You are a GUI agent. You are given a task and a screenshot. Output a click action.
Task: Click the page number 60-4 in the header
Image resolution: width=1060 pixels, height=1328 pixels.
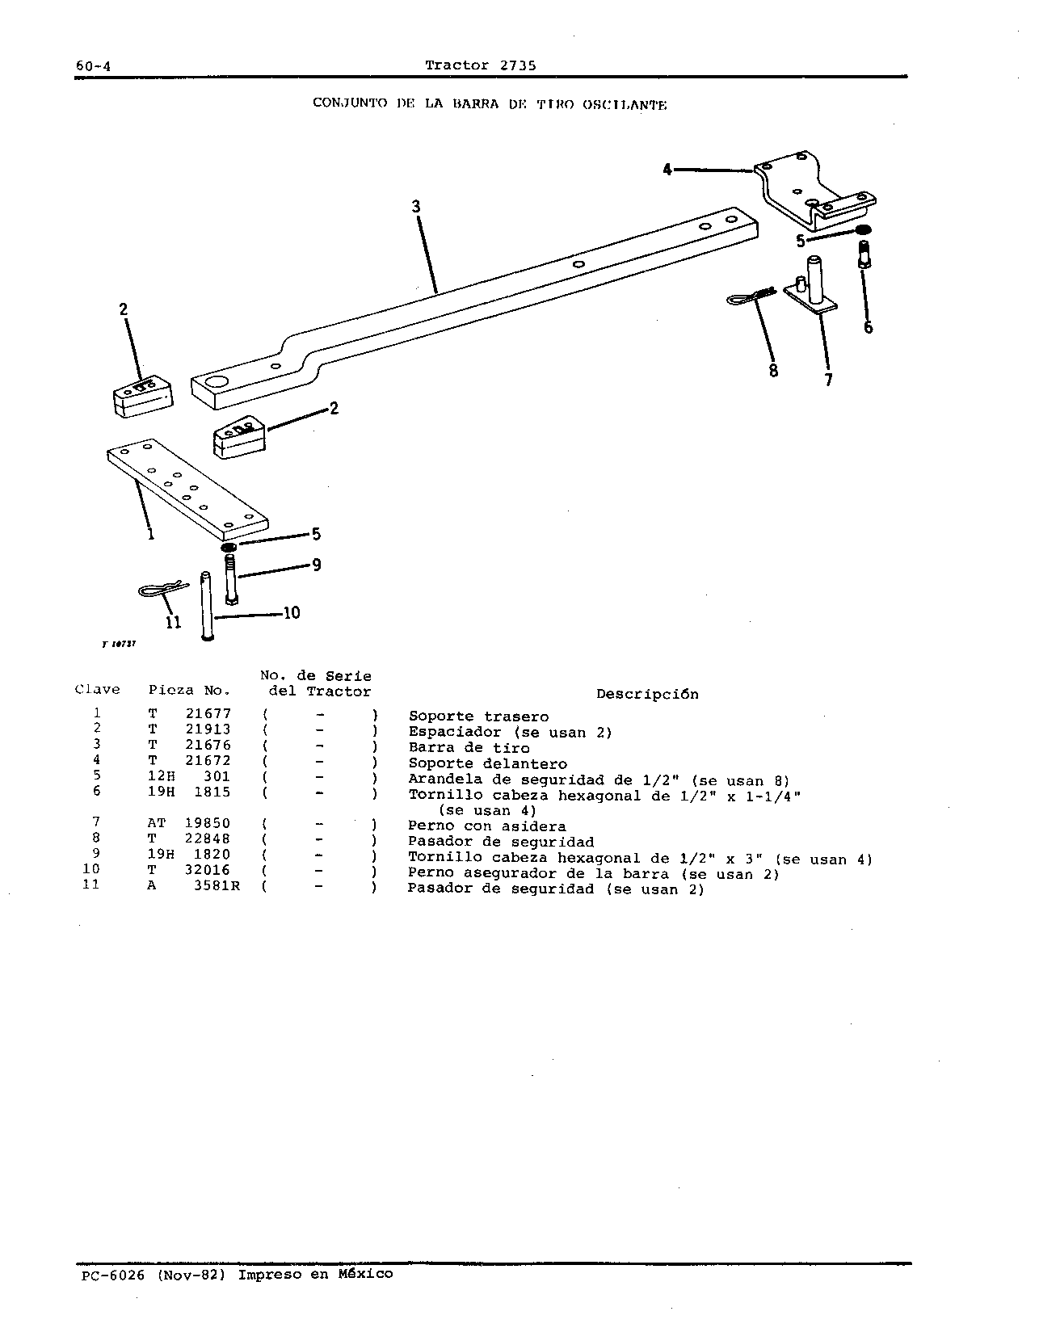pos(93,66)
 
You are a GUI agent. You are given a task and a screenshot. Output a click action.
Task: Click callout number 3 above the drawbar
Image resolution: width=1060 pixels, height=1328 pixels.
pos(416,206)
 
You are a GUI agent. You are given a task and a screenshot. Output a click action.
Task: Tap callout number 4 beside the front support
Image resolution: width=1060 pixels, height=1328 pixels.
pos(667,169)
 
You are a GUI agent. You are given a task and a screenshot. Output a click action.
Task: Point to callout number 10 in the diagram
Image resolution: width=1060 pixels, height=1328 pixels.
pos(292,613)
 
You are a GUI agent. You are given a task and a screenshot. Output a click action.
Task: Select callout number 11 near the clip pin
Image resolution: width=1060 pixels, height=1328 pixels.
pos(174,623)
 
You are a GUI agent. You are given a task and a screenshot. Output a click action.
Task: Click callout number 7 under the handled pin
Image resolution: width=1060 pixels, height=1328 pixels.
pos(828,380)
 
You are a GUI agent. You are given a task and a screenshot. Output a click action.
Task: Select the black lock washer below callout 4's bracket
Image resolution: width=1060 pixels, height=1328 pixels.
pos(863,230)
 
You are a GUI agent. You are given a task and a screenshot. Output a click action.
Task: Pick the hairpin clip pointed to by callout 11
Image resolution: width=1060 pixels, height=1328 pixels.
pos(162,589)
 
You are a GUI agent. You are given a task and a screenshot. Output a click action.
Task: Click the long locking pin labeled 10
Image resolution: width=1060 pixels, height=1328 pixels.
pos(207,607)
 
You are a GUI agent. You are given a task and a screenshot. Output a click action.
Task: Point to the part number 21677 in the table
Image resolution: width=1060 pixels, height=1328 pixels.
pos(208,714)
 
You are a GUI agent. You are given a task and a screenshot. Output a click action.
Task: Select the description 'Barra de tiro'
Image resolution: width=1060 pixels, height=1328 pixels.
pos(469,748)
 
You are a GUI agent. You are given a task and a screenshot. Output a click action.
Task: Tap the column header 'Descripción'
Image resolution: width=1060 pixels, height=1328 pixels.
pos(647,694)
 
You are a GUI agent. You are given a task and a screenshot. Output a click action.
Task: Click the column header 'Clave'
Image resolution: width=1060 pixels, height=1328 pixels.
pos(98,689)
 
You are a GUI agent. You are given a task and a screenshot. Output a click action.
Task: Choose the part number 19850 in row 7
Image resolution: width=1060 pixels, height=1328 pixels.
pos(208,823)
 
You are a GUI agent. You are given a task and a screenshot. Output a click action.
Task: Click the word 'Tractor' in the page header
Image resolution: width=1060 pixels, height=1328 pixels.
pos(456,65)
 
